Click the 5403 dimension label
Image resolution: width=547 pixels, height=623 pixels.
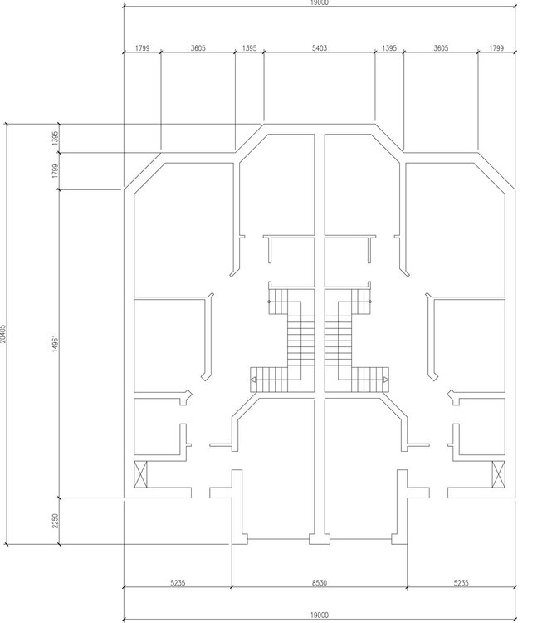click(319, 48)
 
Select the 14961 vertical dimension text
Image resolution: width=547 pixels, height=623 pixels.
click(55, 343)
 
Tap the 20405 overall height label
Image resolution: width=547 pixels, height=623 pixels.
click(2, 334)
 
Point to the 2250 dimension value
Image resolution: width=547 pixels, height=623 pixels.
click(55, 521)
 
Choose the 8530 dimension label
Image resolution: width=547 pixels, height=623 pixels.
click(319, 583)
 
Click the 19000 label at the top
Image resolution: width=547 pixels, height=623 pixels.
click(319, 2)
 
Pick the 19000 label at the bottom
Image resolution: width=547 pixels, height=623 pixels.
click(319, 615)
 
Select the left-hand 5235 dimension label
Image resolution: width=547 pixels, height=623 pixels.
click(178, 583)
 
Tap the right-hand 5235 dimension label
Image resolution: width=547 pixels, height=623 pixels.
click(461, 583)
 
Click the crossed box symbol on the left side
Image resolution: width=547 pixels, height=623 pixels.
click(140, 474)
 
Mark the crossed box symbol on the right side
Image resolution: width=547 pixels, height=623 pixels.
click(499, 474)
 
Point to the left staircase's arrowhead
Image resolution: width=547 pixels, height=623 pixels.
click(253, 380)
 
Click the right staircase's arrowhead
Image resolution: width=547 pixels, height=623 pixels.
click(386, 380)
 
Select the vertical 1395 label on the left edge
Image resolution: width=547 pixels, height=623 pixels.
click(55, 138)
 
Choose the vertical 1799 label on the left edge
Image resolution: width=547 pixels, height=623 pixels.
click(55, 170)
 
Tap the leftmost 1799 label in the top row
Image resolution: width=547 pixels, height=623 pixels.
click(142, 48)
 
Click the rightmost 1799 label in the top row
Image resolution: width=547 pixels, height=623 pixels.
click(496, 48)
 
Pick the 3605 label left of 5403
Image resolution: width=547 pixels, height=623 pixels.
click(198, 48)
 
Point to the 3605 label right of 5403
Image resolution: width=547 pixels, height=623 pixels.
click(441, 48)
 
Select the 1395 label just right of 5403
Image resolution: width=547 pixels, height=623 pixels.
click(389, 48)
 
